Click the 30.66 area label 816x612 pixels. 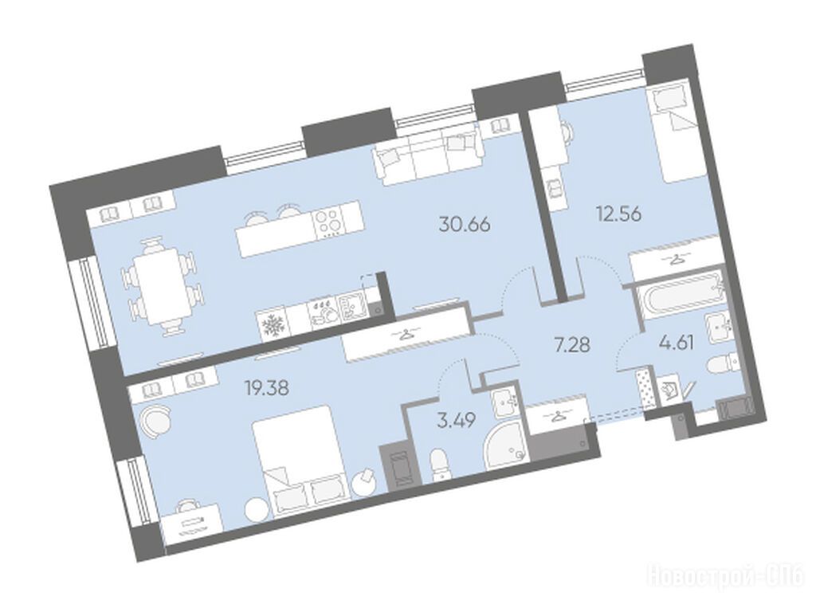tap(465, 226)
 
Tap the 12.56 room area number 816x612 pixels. tap(618, 214)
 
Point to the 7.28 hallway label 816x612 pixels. tap(572, 344)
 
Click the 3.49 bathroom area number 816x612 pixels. tap(457, 421)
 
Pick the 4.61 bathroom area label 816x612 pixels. tap(678, 343)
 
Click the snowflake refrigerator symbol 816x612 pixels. tap(271, 327)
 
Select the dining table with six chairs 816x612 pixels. tap(160, 284)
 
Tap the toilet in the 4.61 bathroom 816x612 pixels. tap(721, 361)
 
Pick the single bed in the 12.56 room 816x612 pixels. tap(675, 133)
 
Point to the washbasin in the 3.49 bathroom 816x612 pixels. tap(504, 402)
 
